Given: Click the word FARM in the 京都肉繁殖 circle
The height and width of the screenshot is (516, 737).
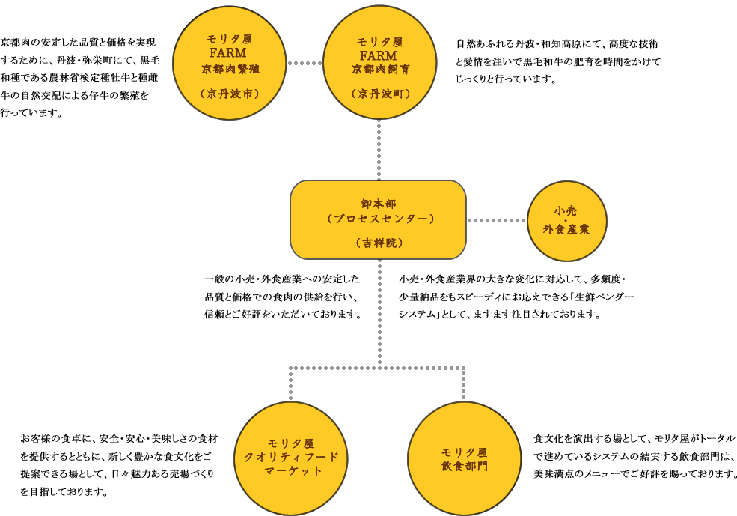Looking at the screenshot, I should point(228,53).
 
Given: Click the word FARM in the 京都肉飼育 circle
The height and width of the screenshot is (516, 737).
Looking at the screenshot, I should point(379,55).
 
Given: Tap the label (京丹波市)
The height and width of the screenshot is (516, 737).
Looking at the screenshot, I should point(228,94).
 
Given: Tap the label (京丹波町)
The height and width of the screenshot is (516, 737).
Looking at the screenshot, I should point(379,94).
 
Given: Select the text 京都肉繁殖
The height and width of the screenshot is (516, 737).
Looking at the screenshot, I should point(228,69).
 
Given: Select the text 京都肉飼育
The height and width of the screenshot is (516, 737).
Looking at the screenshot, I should point(379,70).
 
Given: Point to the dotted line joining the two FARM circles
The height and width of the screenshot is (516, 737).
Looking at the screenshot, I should point(304,63).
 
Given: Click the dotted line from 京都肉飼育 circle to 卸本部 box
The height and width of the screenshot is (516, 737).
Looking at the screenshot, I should point(379,150).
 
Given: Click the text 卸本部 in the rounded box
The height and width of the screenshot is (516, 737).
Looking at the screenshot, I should point(379,204).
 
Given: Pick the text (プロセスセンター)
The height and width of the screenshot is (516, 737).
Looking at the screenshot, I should point(379,219).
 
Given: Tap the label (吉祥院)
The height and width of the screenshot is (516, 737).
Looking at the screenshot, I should point(379,243).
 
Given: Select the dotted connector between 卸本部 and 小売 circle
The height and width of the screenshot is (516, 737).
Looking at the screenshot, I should point(497,220).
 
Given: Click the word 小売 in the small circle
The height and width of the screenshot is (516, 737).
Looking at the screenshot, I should point(566,211).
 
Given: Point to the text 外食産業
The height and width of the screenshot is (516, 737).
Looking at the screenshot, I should point(566,229).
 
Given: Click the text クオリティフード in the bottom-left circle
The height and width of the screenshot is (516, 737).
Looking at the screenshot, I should point(291,457).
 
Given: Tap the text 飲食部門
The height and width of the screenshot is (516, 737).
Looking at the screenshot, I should point(464,466).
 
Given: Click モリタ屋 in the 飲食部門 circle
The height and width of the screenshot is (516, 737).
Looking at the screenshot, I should point(464,452).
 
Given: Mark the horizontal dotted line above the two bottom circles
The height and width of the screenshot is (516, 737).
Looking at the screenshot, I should point(376,368).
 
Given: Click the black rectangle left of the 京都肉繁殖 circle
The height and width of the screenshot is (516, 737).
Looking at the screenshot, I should point(85,72).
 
